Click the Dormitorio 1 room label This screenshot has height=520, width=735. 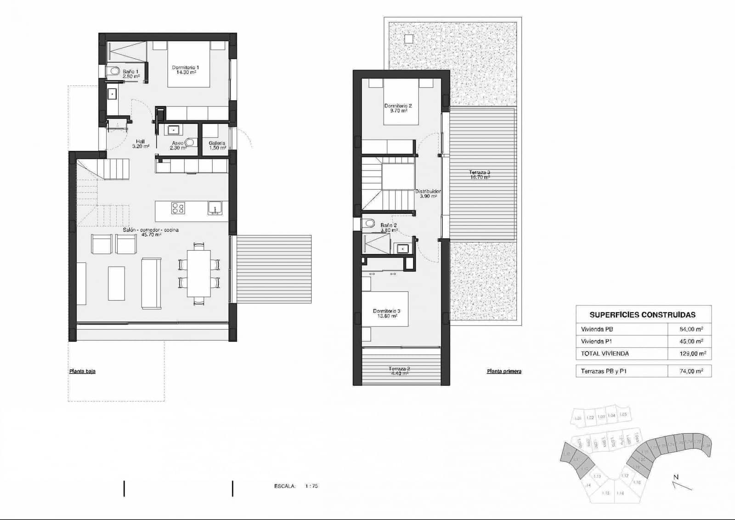[185, 70]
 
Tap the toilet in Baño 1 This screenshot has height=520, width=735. [114, 71]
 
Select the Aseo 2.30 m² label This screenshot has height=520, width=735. [178, 145]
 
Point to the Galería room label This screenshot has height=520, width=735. [217, 145]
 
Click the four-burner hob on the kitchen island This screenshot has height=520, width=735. [178, 208]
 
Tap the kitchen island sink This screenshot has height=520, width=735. [215, 208]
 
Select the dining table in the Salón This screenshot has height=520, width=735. [198, 274]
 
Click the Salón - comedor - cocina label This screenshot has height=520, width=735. [151, 232]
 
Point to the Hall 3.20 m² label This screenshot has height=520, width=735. [141, 144]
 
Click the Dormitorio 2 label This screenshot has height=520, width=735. [398, 108]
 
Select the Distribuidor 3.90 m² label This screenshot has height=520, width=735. [428, 194]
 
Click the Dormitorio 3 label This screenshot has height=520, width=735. [386, 313]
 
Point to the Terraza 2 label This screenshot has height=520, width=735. [399, 371]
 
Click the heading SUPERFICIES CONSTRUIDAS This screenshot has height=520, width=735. [642, 315]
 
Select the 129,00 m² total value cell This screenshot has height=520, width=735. [692, 354]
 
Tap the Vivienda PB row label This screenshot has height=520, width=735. [597, 329]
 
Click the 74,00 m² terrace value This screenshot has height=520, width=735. [691, 371]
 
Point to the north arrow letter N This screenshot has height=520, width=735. [676, 477]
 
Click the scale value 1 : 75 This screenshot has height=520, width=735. [311, 486]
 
